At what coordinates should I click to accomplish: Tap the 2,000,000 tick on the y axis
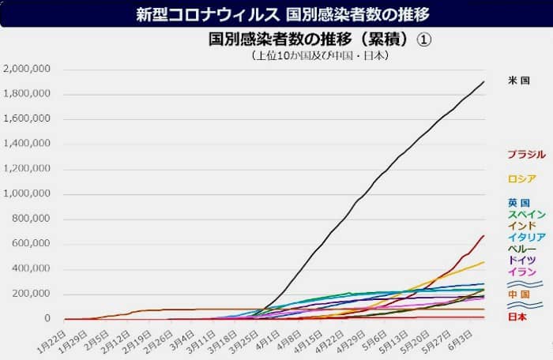pos(28,69)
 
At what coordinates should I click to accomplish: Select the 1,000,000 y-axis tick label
pos(28,194)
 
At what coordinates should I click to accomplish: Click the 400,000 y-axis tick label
pos(31,269)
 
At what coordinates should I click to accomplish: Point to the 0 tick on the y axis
pos(47,319)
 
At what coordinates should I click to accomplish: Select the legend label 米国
pos(519,81)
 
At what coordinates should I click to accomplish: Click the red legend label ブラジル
pos(526,155)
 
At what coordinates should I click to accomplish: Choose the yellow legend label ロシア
pos(522,179)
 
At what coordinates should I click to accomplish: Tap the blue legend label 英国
pos(519,203)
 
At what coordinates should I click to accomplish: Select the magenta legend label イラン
pos(522,272)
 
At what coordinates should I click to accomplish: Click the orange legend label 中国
pos(519,294)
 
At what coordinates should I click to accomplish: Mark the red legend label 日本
pos(519,317)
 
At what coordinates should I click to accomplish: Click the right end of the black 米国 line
pos(483,82)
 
